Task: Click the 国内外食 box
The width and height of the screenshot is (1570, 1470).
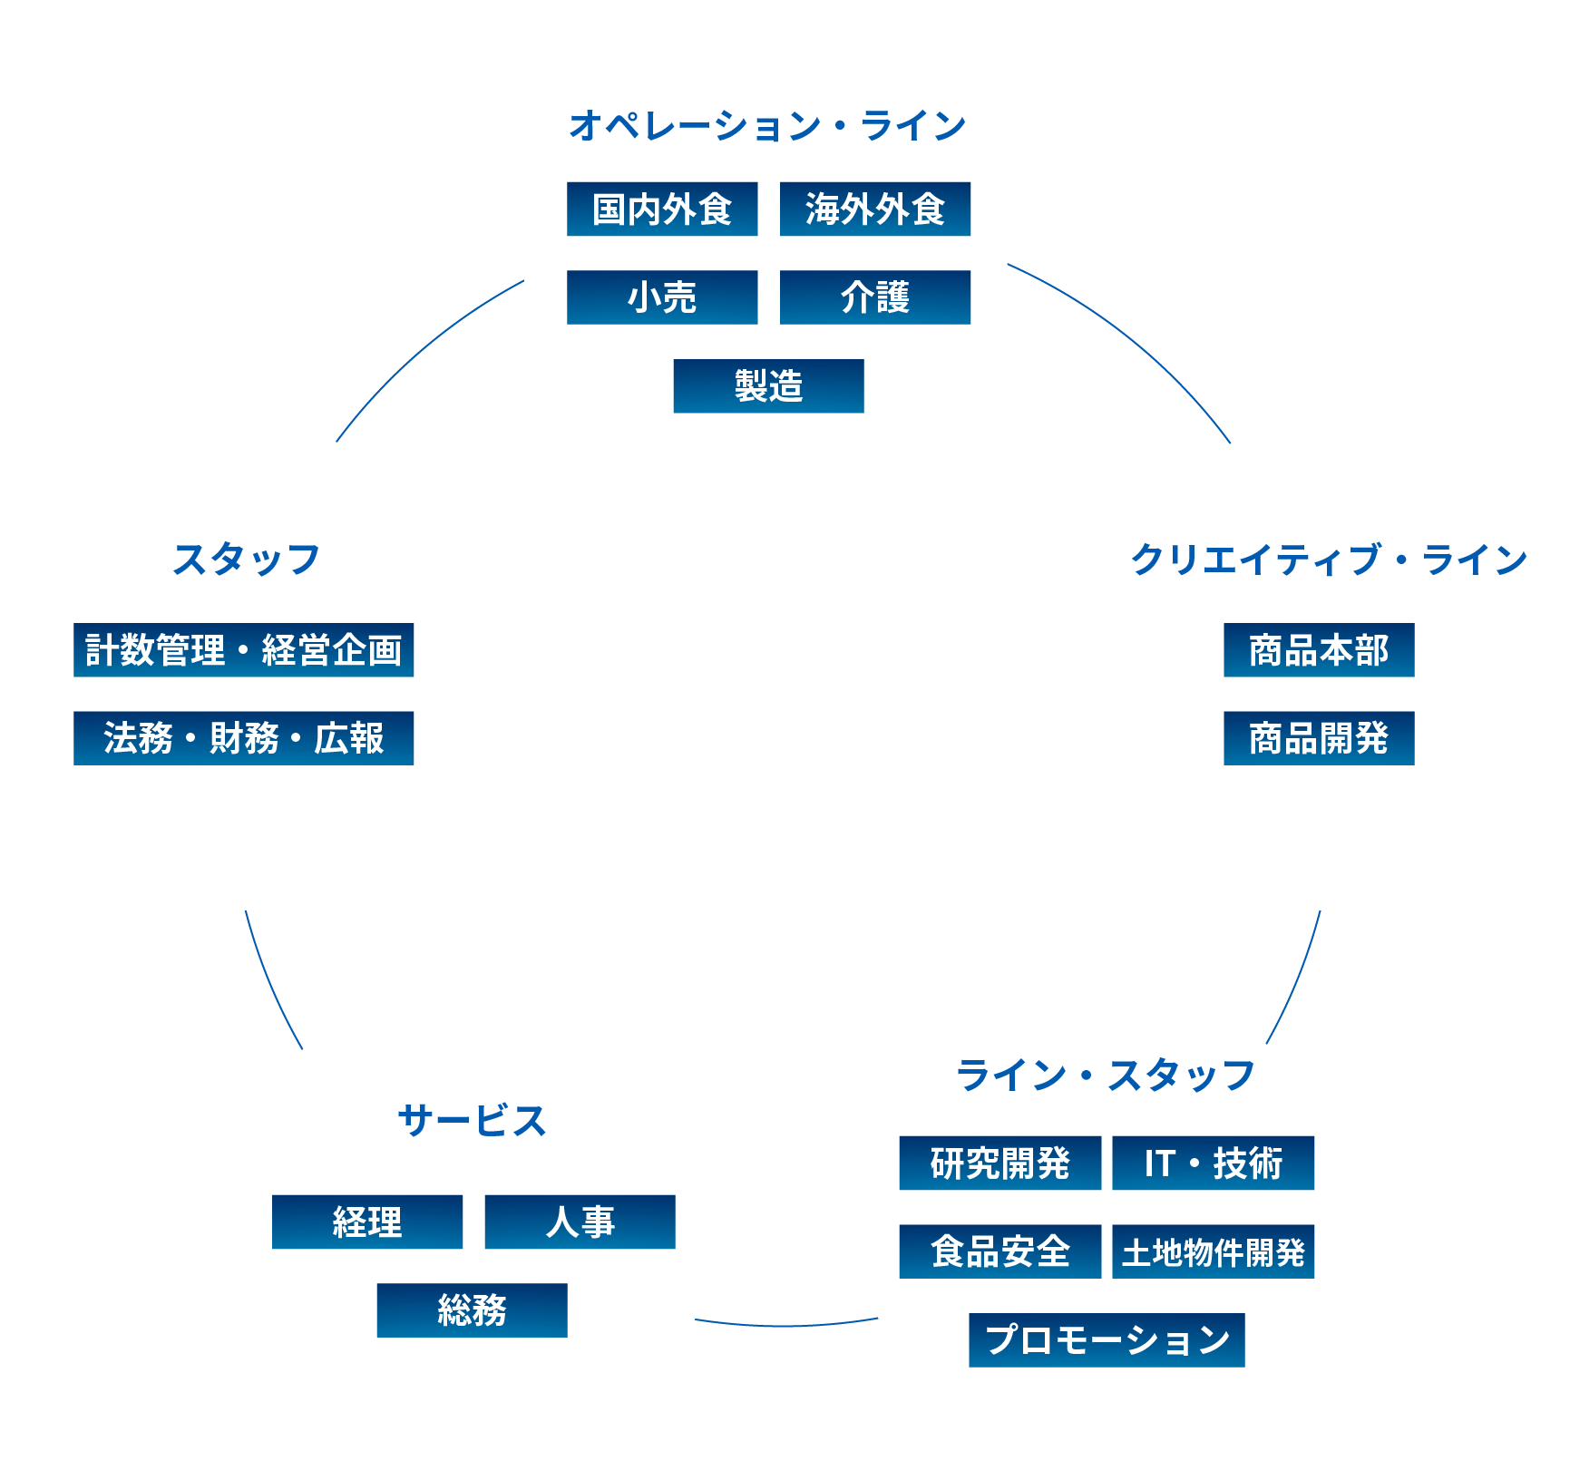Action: coord(662,209)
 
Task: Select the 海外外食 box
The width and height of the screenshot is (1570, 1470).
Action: coord(875,209)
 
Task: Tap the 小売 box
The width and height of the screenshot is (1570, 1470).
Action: coord(662,297)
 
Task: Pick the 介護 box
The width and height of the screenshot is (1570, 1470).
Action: coord(875,297)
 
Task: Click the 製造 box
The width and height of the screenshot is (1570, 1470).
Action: coord(768,386)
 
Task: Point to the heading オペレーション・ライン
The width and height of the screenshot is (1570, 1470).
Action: coord(767,126)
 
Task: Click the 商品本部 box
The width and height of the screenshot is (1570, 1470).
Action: coord(1319,650)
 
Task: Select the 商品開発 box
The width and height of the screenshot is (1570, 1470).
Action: coord(1319,738)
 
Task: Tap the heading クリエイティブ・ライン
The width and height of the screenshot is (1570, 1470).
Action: coord(1329,560)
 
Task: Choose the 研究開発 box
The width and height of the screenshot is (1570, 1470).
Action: coord(1000,1163)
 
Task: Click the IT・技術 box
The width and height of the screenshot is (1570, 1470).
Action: coord(1213,1163)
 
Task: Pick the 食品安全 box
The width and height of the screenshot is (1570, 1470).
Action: coord(1000,1251)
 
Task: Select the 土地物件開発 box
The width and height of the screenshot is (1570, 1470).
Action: coord(1213,1251)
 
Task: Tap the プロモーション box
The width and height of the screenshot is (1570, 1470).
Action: coord(1107,1340)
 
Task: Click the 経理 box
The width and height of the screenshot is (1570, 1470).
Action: coord(367,1222)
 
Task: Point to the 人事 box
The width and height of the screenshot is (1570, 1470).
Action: coord(580,1222)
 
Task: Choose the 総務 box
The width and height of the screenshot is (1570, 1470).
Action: coord(472,1310)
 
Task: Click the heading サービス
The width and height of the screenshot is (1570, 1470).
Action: coord(472,1122)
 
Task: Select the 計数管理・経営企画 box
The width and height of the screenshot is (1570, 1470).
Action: coord(243,650)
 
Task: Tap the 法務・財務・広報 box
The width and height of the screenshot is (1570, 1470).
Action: coord(243,738)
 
